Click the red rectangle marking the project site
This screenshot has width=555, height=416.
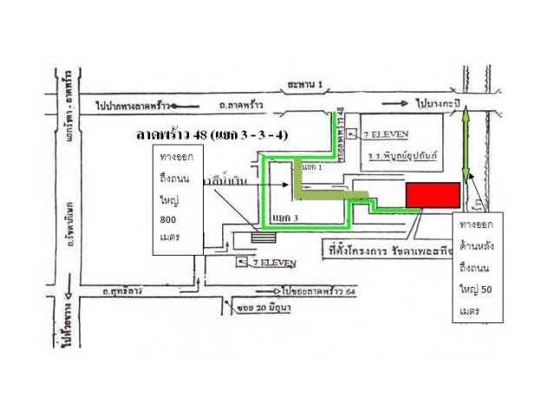pyautogui.click(x=434, y=195)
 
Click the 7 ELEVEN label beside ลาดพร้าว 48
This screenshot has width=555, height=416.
pyautogui.click(x=395, y=134)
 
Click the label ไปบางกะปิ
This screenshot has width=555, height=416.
pyautogui.click(x=435, y=102)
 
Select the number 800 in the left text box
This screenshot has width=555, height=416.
pyautogui.click(x=169, y=220)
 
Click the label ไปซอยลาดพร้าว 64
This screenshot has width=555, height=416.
pyautogui.click(x=320, y=291)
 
